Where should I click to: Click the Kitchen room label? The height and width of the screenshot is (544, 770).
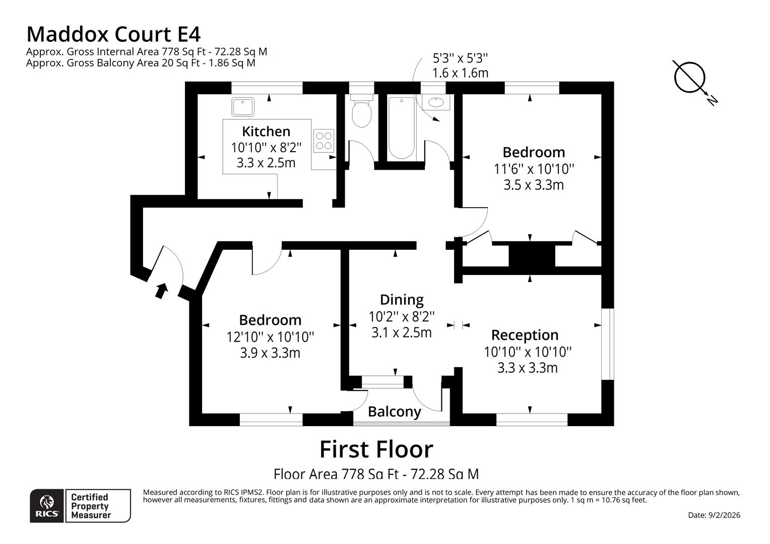point(266,131)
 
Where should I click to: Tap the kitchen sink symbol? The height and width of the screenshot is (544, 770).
point(243,107)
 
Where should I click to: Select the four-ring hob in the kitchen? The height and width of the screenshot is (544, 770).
point(324,141)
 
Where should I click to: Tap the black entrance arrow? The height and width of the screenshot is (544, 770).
point(161,291)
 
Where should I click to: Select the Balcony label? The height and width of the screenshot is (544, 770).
point(394,412)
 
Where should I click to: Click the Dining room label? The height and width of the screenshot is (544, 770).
point(402,300)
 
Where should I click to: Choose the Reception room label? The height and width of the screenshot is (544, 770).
point(525,335)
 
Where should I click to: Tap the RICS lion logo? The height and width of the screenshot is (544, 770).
point(47,505)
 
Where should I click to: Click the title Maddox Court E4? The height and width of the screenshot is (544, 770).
point(113,34)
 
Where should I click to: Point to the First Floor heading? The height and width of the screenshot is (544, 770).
point(376,449)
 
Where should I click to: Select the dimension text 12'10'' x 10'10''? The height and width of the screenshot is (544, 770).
point(270,336)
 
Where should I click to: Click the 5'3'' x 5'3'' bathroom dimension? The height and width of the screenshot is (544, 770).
point(460,58)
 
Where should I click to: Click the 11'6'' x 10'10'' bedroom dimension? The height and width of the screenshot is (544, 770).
point(534,169)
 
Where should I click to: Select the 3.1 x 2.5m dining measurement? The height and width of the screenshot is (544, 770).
point(402,332)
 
